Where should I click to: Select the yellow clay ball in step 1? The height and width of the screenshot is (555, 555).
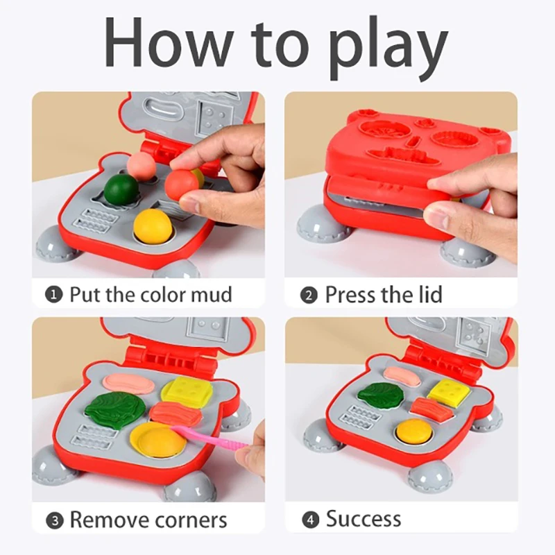(152, 226)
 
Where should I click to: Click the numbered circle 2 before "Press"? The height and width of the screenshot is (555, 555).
(309, 294)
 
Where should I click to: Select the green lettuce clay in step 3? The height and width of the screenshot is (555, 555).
(115, 408)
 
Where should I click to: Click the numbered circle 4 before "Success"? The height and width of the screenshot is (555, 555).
(309, 519)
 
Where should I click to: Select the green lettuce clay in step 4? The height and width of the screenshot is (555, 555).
(380, 395)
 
